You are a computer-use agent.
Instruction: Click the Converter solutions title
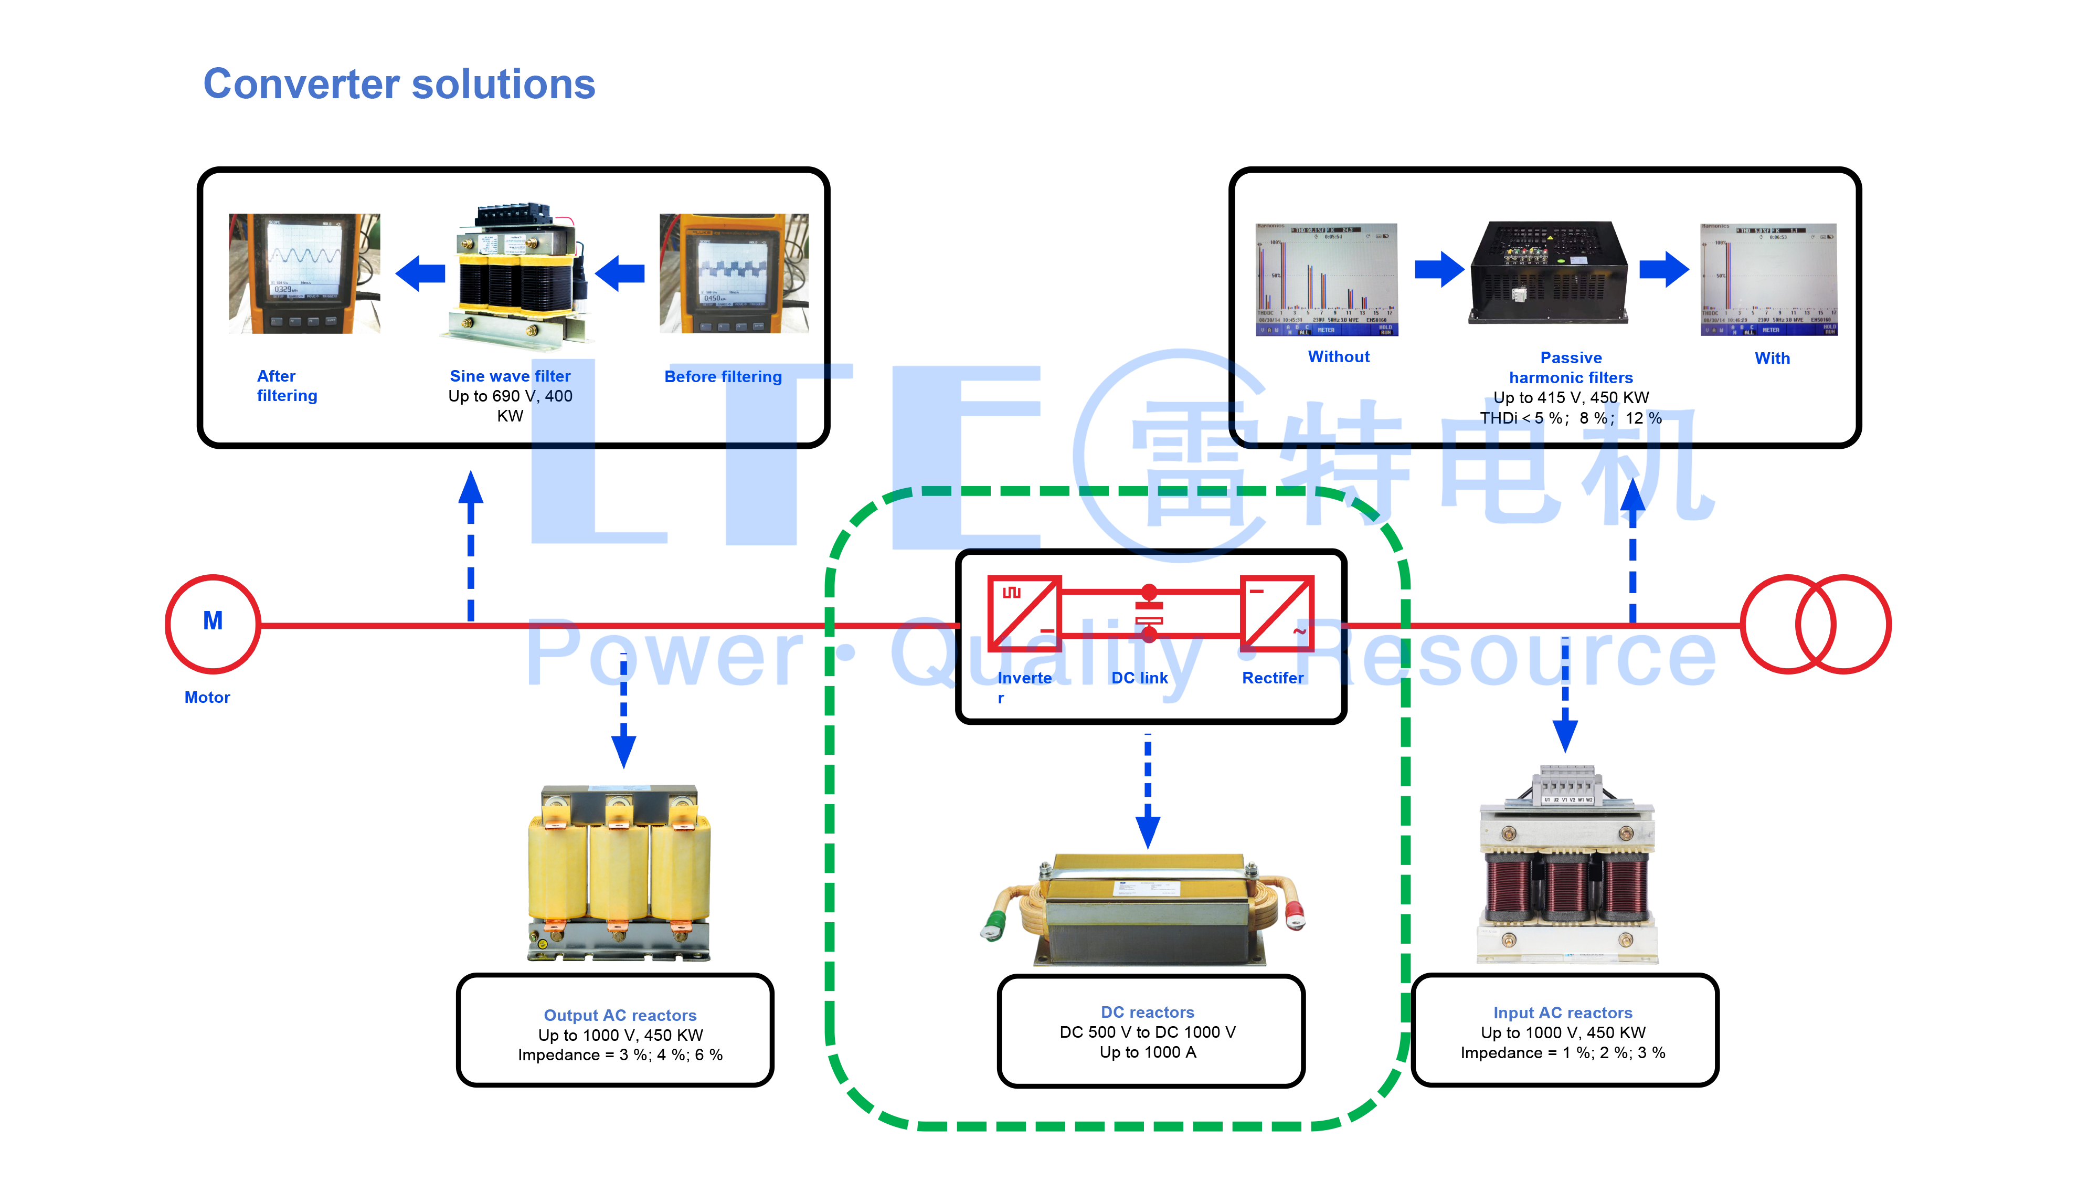tap(399, 84)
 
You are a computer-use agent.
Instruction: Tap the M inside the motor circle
tap(213, 621)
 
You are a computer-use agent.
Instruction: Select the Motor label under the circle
tap(207, 698)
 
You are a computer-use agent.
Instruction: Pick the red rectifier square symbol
tap(1277, 614)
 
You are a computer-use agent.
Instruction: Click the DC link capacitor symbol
tap(1149, 613)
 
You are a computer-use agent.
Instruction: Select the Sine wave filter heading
tap(510, 376)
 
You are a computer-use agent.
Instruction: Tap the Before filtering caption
tap(723, 376)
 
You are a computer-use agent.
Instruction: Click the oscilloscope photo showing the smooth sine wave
tap(304, 273)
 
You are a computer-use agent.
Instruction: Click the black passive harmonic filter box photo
tap(1548, 272)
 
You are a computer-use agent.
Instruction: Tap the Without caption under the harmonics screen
tap(1339, 357)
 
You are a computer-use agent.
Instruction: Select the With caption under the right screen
tap(1772, 358)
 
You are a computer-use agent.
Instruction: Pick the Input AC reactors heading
tap(1563, 1013)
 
